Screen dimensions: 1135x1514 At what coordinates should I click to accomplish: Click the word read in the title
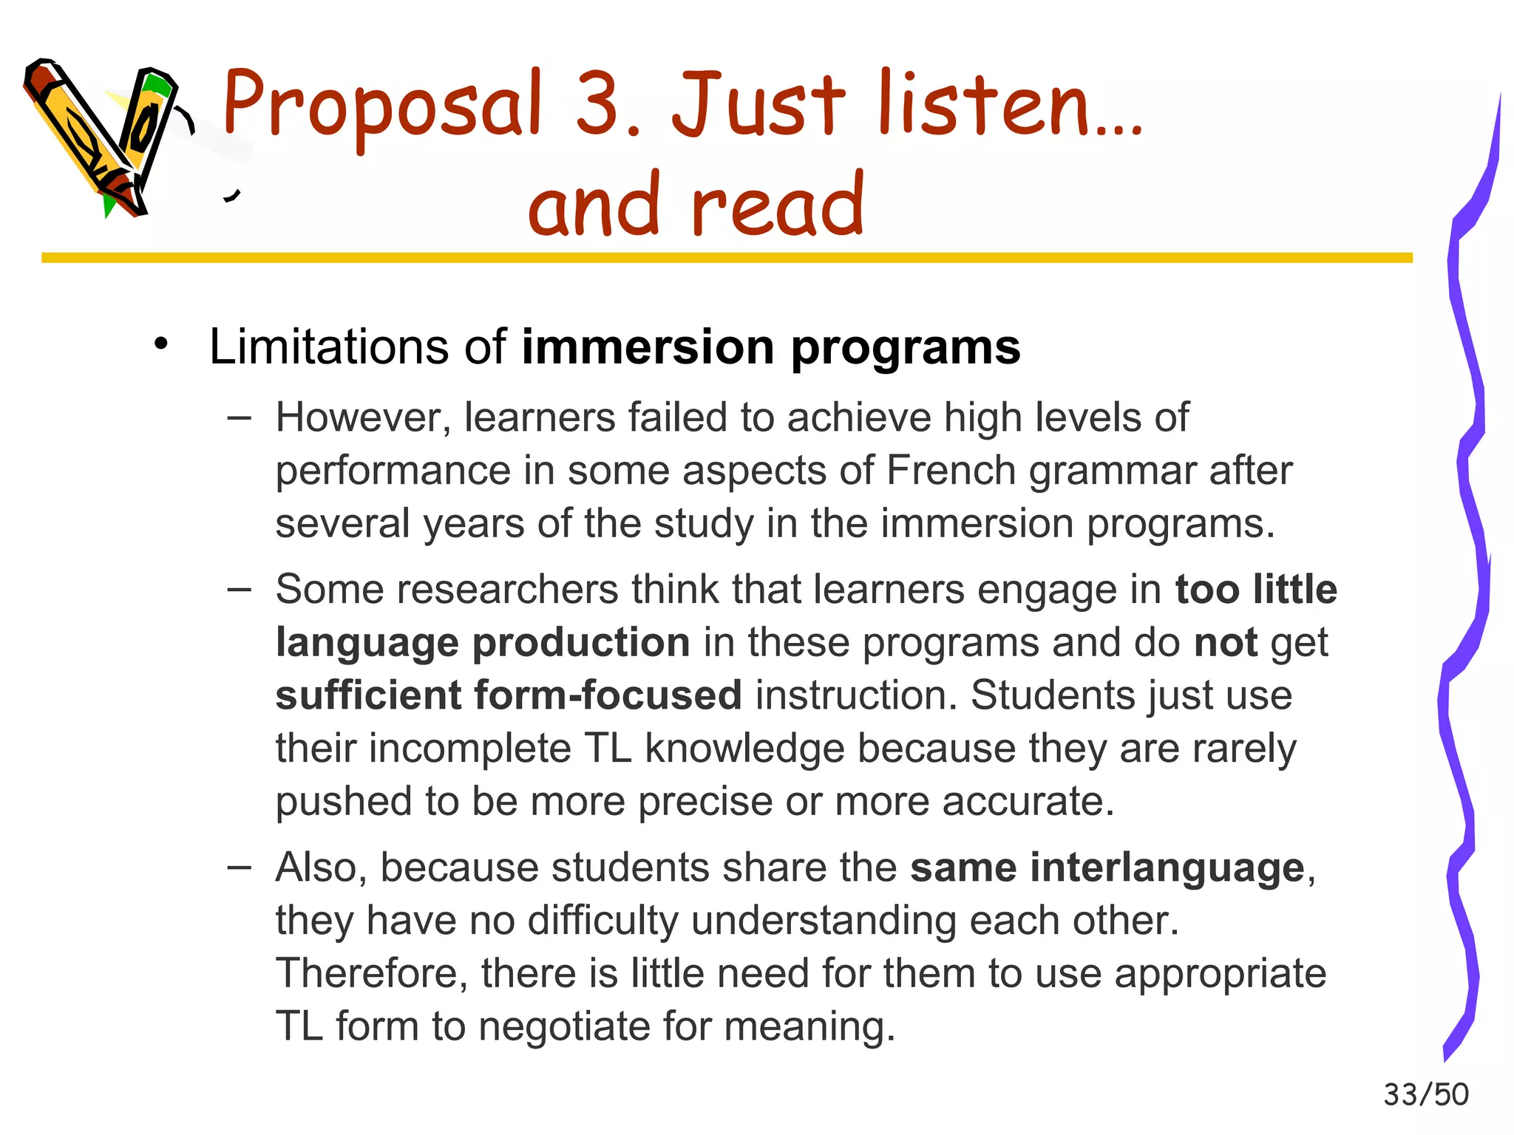(777, 205)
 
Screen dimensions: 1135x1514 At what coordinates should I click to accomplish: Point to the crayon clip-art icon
(103, 137)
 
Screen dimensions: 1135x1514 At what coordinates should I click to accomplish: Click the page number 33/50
(1425, 1094)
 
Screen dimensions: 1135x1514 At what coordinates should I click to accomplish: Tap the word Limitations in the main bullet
(328, 347)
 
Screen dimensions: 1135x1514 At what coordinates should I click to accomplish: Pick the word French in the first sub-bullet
(951, 471)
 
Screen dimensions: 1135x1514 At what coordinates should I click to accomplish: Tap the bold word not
(1225, 643)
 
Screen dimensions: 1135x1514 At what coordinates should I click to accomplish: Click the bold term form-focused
(608, 695)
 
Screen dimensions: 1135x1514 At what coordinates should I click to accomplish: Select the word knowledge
(744, 749)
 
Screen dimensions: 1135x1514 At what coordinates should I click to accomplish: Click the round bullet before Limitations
(161, 344)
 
